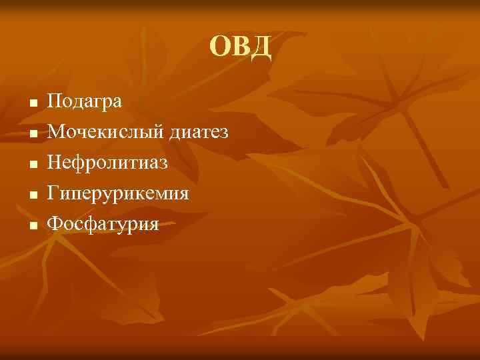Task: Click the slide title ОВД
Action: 240,47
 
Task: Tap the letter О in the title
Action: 220,47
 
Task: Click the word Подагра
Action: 84,102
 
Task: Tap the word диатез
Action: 199,133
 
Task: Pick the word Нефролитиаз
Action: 107,163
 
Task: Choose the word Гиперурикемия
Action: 118,194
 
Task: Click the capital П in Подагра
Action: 55,101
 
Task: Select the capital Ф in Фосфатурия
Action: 55,224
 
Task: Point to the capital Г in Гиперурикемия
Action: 53,193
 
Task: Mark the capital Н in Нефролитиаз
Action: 55,163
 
